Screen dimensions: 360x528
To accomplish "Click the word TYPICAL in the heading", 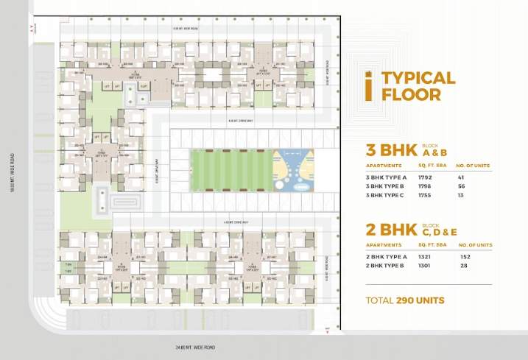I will click(418, 78).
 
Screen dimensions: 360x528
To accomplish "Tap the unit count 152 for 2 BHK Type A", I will click(465, 256).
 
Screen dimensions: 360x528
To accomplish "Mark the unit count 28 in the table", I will click(465, 266).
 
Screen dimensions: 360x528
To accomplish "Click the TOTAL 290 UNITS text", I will click(405, 300).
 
